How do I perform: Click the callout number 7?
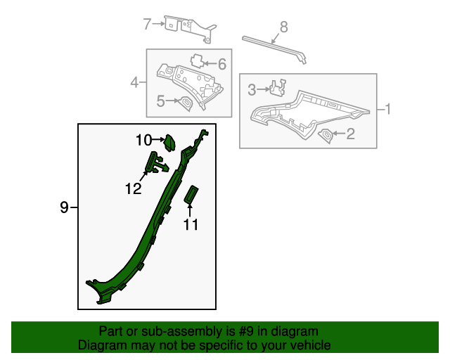click(147, 25)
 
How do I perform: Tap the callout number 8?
click(283, 27)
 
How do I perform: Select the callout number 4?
click(134, 83)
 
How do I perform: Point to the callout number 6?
click(221, 65)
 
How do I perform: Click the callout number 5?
click(160, 102)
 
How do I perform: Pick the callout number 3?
click(252, 89)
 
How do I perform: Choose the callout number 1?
click(386, 109)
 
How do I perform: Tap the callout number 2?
click(349, 134)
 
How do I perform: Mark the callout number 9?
click(64, 207)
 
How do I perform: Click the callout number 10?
click(143, 141)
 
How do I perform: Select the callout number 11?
click(191, 225)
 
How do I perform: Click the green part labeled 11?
click(191, 194)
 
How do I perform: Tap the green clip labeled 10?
click(170, 143)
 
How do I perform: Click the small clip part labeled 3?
click(278, 87)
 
